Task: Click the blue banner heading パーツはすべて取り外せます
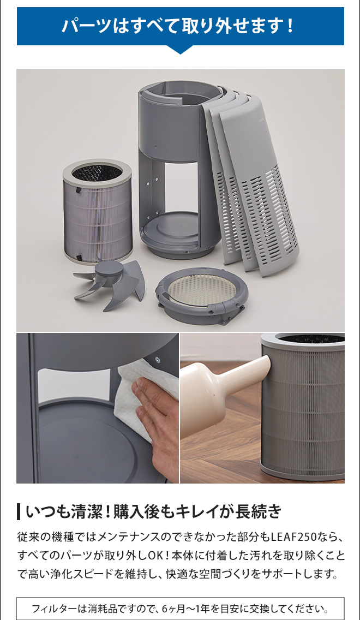(180, 26)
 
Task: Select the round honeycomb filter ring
(200, 295)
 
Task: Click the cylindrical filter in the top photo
(97, 212)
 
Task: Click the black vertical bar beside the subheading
(19, 511)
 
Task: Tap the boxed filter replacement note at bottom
(180, 608)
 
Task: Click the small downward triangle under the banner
(180, 50)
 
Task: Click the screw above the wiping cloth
(158, 359)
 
